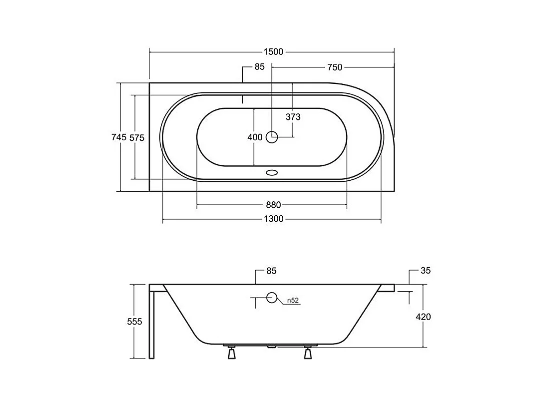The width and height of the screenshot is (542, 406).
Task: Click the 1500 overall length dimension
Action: click(x=273, y=52)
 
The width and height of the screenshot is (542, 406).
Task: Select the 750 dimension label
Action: click(x=335, y=67)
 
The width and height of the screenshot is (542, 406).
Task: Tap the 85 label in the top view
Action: click(x=259, y=67)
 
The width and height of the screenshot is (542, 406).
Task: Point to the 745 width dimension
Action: click(x=119, y=137)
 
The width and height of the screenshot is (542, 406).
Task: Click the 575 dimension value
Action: click(x=137, y=137)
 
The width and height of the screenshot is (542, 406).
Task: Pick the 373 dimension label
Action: click(x=293, y=117)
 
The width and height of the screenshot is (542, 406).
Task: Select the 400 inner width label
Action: click(x=255, y=137)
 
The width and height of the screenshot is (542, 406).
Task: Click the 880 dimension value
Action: click(x=273, y=205)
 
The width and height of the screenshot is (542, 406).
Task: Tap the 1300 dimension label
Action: click(x=274, y=219)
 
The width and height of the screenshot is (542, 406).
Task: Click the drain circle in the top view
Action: click(x=272, y=137)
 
